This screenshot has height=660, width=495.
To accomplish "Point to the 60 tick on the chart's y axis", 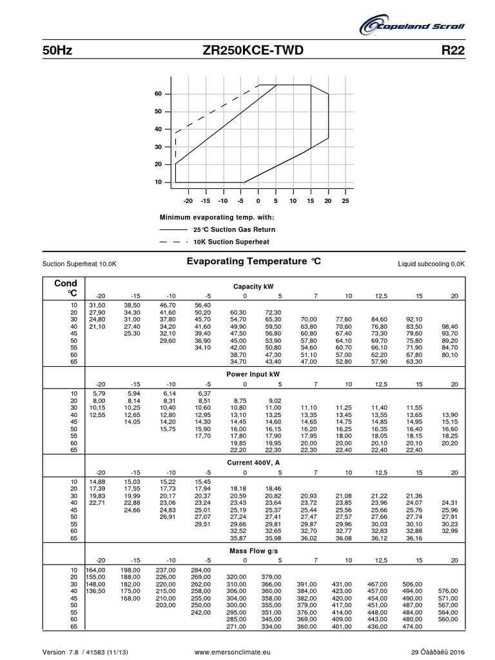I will (x=157, y=94).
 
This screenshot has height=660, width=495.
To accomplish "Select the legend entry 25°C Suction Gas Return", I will (x=234, y=229).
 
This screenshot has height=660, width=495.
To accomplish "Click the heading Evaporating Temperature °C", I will (x=253, y=262).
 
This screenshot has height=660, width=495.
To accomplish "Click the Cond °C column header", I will (x=66, y=288).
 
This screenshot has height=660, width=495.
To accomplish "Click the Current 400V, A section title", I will (x=252, y=463).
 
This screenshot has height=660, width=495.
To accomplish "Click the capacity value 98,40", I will (x=449, y=327).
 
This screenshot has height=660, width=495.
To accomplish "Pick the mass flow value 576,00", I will (x=447, y=591).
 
